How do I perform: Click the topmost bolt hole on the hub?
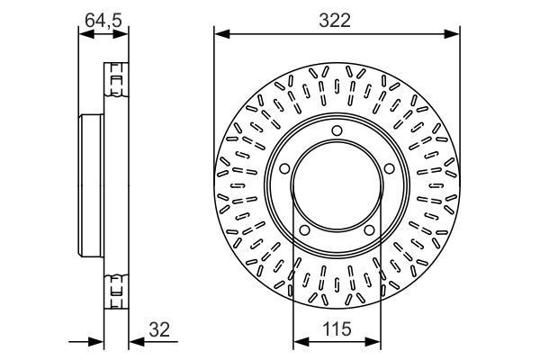click(x=337, y=132)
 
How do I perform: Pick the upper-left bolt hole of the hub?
click(x=283, y=168)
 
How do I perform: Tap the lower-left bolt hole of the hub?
click(x=303, y=233)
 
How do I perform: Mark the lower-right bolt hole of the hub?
click(x=370, y=233)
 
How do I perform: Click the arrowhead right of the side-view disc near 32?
click(x=134, y=340)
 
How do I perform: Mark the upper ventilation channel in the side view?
click(x=115, y=81)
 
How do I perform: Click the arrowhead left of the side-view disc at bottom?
click(x=98, y=340)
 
